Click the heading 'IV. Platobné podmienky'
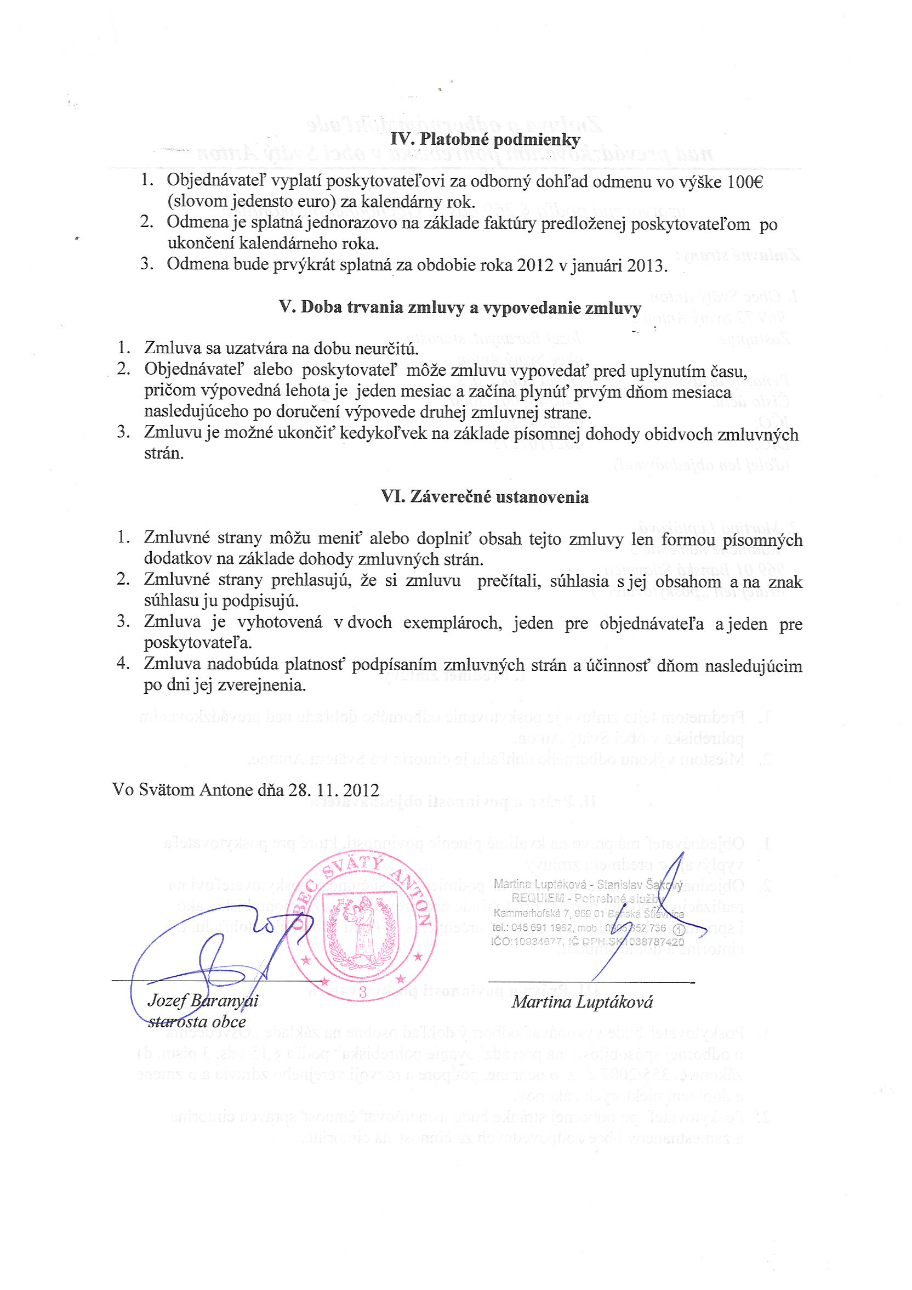pyautogui.click(x=485, y=139)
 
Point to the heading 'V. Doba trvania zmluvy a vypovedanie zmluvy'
pyautogui.click(x=459, y=307)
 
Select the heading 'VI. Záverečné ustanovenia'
pyautogui.click(x=485, y=497)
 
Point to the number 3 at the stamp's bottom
pyautogui.click(x=363, y=992)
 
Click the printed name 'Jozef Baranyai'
pyautogui.click(x=203, y=1000)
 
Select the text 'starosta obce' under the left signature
pyautogui.click(x=197, y=1021)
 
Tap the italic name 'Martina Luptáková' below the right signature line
pyautogui.click(x=582, y=1002)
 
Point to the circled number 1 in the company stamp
pyautogui.click(x=677, y=929)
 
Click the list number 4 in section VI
pyautogui.click(x=122, y=664)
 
